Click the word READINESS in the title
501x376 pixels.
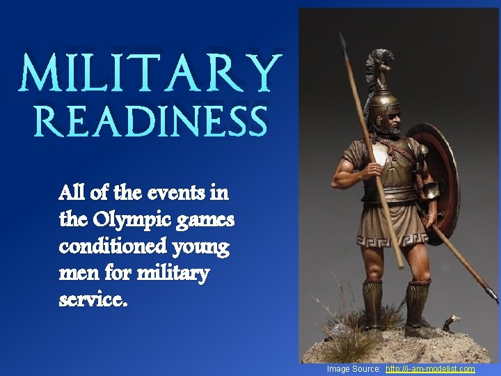150,123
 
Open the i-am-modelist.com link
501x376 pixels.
429,369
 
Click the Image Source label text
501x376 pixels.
353,369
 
